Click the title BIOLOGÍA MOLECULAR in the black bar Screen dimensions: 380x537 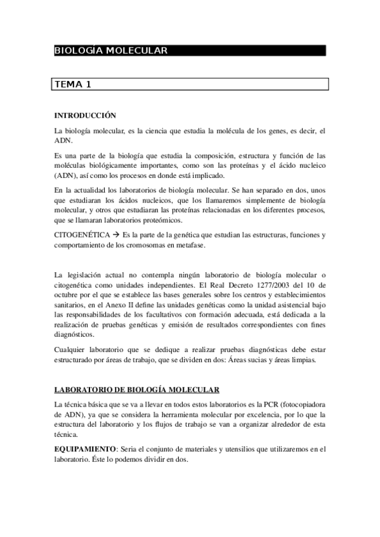(111, 51)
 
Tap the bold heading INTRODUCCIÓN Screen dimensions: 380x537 (85, 115)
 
